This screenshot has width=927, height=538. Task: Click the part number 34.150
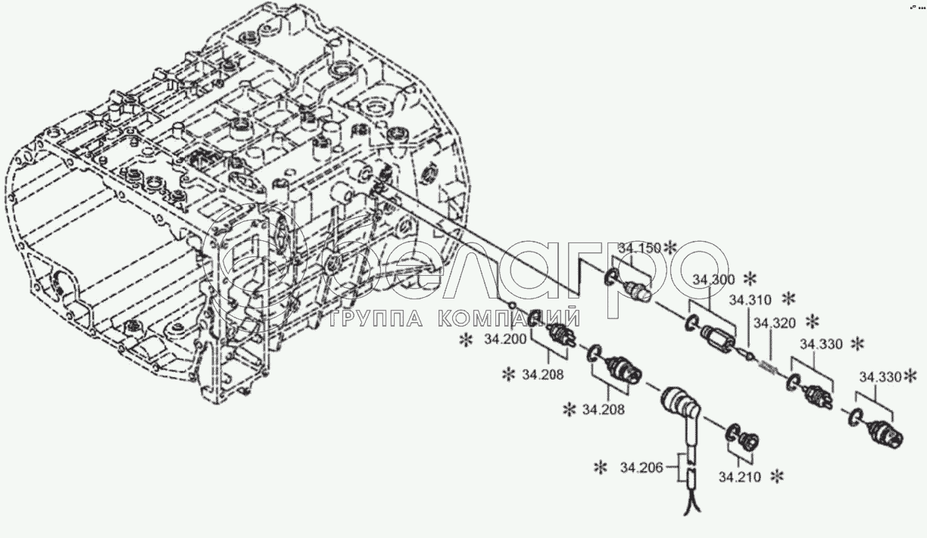point(638,248)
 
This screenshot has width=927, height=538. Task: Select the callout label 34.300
point(712,280)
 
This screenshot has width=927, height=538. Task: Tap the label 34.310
point(751,299)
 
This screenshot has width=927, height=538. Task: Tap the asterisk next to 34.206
point(601,468)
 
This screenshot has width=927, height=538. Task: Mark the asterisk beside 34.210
point(776,477)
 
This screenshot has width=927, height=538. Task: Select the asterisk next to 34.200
point(464,340)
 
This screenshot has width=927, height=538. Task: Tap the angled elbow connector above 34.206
point(681,408)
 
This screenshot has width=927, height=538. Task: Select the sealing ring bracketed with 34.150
point(611,278)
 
